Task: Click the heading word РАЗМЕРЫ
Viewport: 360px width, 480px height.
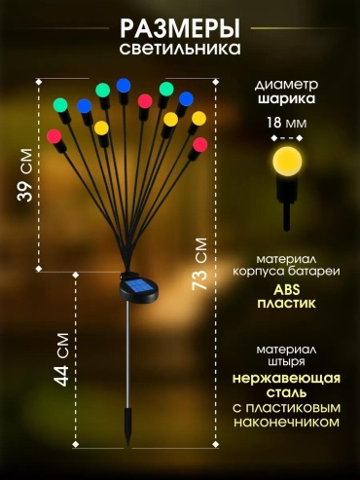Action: click(x=180, y=29)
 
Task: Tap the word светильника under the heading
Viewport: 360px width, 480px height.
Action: click(x=180, y=49)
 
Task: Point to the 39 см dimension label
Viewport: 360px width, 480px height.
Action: click(x=25, y=175)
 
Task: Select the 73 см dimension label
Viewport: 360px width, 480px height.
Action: click(x=199, y=264)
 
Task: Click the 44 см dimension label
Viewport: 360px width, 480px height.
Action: click(x=61, y=359)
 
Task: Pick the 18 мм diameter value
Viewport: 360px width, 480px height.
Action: click(x=287, y=124)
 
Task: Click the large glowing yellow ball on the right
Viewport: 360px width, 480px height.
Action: click(x=287, y=162)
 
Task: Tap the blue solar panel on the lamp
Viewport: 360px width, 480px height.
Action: click(x=138, y=287)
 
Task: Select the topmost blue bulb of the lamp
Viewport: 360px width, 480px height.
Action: click(x=124, y=86)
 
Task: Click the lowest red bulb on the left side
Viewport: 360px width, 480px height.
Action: click(x=54, y=136)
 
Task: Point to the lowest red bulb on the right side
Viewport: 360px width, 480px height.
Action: click(x=200, y=145)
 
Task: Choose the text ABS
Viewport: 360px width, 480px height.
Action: click(x=287, y=290)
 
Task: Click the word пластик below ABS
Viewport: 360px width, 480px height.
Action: click(x=287, y=304)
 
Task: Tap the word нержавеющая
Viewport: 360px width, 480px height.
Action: click(x=287, y=379)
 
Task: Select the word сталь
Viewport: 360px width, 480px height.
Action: click(x=287, y=392)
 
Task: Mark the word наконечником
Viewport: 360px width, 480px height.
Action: click(x=287, y=422)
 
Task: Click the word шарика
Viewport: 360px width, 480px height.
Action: click(x=287, y=98)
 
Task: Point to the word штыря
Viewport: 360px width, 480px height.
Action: click(x=287, y=361)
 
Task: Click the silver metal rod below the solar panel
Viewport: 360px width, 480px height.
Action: click(x=128, y=354)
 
